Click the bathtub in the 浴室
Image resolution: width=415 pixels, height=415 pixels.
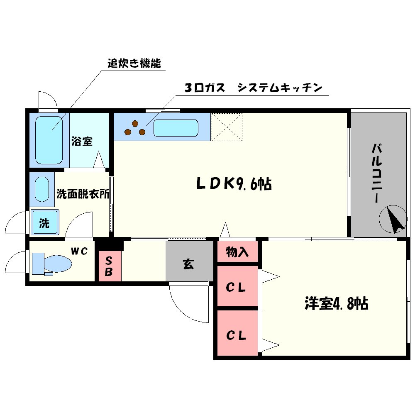(49, 140)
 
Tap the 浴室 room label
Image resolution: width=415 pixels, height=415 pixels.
(82, 142)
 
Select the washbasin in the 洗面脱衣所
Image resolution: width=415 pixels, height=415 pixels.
(41, 189)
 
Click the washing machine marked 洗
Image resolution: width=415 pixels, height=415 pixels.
(44, 223)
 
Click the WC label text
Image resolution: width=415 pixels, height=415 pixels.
(78, 251)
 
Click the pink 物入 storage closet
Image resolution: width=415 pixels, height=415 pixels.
(237, 251)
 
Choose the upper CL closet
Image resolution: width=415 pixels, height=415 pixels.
(237, 287)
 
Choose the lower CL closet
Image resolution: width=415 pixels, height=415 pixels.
(237, 334)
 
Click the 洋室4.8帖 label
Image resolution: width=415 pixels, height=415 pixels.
(336, 304)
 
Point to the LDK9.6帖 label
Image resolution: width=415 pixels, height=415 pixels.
(234, 183)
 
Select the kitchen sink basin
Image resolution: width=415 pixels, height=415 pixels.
(176, 128)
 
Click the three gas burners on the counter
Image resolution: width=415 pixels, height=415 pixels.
(134, 128)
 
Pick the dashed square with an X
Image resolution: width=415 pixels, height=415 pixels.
(227, 127)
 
